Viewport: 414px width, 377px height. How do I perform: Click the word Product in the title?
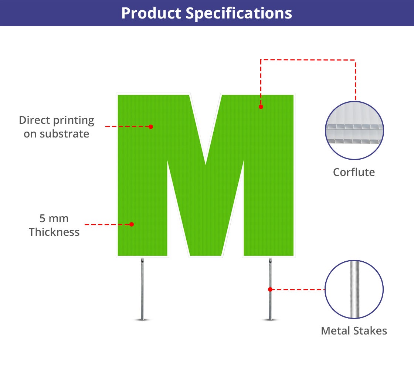pos(151,13)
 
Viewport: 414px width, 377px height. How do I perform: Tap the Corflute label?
pos(354,172)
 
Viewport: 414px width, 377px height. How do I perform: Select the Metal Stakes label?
pos(354,330)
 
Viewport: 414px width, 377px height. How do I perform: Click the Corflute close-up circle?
pos(354,130)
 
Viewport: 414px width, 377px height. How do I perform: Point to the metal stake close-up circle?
pos(354,289)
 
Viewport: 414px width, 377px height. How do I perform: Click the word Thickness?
pos(54,232)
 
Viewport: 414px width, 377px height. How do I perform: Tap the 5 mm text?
pos(54,218)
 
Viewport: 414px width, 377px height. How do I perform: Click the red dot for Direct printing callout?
pos(151,126)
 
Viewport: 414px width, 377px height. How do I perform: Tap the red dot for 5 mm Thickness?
pos(132,224)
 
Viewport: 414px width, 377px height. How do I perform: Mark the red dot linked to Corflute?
pos(261,107)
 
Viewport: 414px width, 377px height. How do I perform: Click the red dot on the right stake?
pos(270,289)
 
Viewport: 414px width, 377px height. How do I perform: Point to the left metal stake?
pos(142,288)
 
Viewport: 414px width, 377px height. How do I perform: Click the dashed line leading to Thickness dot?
pos(107,224)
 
